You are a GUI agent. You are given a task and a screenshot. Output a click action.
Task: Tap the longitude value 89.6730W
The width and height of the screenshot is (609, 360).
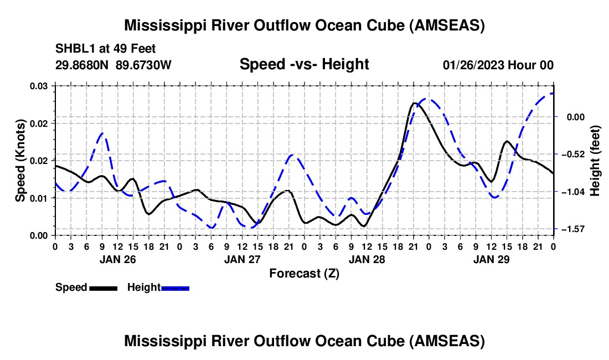(x=144, y=65)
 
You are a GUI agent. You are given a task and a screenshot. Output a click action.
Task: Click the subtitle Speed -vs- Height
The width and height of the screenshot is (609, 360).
(x=304, y=64)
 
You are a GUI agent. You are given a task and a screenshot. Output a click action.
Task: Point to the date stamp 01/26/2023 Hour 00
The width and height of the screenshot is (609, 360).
(x=498, y=65)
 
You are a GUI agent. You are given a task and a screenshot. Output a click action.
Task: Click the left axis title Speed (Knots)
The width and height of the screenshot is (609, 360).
(x=20, y=160)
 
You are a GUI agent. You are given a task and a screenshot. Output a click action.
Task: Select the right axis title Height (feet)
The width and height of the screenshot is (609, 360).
(x=595, y=160)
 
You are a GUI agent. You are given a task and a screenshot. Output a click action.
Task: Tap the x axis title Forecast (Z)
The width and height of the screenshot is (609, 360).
(x=304, y=273)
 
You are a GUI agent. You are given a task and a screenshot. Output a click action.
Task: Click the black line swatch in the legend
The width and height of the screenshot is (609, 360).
(x=103, y=287)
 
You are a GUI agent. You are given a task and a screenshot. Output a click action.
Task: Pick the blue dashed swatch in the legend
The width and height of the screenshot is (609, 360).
(x=175, y=287)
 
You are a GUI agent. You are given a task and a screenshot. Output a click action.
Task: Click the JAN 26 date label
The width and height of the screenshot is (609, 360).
(x=117, y=259)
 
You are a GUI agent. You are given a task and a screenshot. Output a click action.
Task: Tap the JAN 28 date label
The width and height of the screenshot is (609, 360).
(x=366, y=259)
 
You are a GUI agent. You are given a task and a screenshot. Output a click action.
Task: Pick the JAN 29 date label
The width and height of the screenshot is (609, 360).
(x=491, y=259)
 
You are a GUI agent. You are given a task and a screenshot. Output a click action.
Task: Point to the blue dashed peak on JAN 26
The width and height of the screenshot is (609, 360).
(x=102, y=133)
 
